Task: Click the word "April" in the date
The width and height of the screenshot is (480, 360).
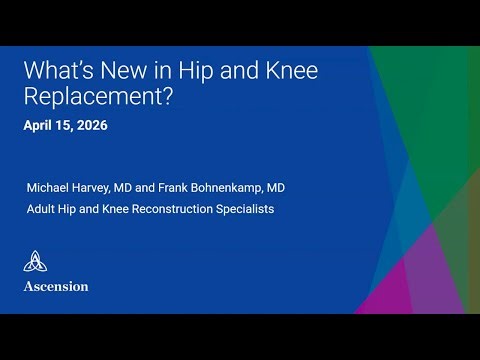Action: click(40, 127)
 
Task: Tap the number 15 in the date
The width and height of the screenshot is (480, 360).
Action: click(65, 127)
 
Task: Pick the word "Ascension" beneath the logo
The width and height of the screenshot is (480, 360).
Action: click(56, 286)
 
